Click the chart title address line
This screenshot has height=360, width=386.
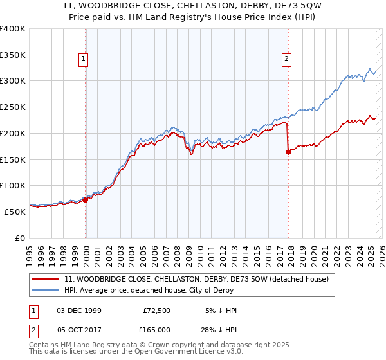[192, 6]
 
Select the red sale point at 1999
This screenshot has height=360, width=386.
[86, 200]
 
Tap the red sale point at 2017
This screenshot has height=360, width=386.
[288, 152]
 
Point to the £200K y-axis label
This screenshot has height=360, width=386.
[13, 133]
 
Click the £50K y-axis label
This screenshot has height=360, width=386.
[15, 212]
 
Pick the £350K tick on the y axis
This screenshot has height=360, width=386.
[13, 55]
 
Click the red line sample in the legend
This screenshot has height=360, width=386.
[45, 279]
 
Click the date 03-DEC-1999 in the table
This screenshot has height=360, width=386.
[78, 310]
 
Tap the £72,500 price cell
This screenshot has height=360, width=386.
[157, 310]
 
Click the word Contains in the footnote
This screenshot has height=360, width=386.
[44, 345]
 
